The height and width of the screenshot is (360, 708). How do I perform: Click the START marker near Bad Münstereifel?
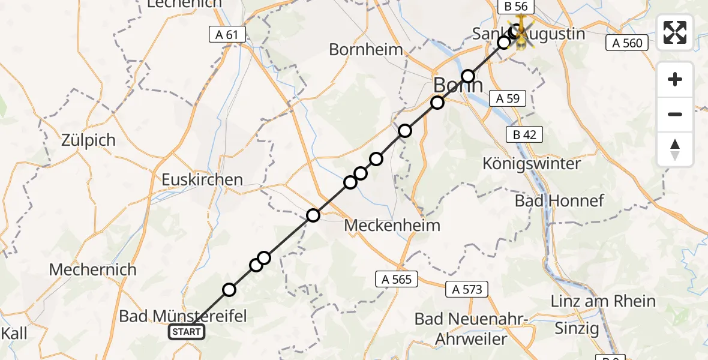point(187,332)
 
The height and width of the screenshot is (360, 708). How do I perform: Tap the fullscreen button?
point(675,32)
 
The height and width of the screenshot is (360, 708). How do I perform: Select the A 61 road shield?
point(227,35)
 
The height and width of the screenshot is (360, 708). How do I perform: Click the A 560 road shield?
point(628,43)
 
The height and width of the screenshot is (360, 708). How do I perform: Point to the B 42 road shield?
point(525,135)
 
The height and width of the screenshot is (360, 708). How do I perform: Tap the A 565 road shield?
point(397,278)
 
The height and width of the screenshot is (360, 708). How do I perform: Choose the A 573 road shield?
point(467,289)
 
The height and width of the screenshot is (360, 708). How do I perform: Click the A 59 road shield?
point(508,98)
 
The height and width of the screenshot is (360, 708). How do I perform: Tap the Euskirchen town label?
point(202,179)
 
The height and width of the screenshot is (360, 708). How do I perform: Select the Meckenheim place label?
point(392,226)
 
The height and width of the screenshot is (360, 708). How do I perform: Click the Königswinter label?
point(532,164)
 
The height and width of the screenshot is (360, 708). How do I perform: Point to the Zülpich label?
point(88,140)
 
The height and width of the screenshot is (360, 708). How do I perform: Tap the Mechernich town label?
point(93,269)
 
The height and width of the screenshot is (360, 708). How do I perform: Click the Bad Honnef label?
point(551,200)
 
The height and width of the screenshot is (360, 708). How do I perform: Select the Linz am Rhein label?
point(604,301)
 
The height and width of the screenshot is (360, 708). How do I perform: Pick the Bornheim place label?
point(366,50)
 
